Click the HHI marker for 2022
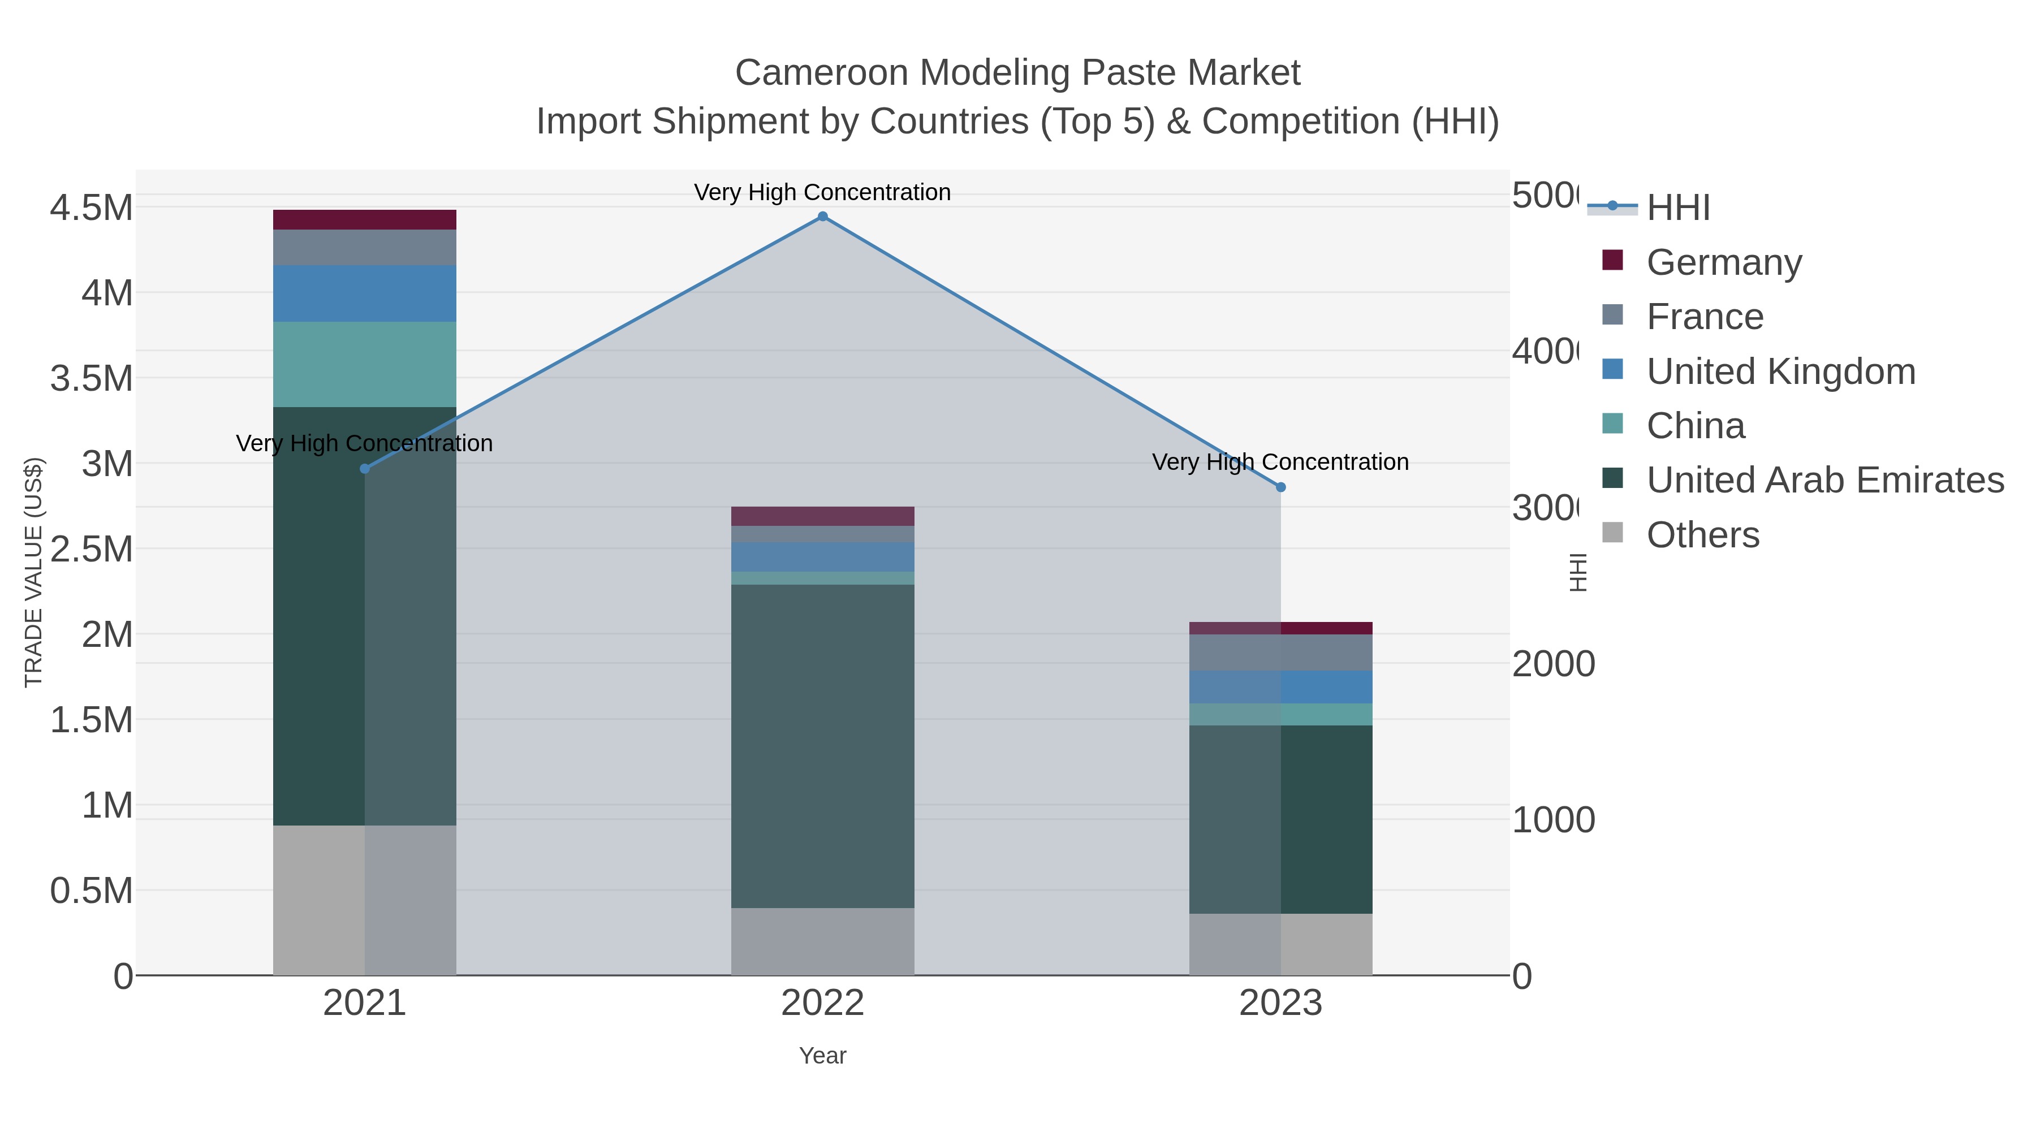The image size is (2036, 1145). [x=822, y=217]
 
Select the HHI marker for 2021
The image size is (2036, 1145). [x=364, y=469]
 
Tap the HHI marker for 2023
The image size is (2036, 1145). [x=1280, y=487]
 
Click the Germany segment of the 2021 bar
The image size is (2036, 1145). [x=364, y=220]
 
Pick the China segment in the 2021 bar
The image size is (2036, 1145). [x=364, y=364]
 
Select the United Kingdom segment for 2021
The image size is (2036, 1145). [x=364, y=293]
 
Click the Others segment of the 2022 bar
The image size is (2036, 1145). [x=822, y=941]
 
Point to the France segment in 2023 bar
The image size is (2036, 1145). [x=1280, y=653]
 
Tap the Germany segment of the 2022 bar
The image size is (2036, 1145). [x=822, y=516]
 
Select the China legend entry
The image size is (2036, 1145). [x=1696, y=426]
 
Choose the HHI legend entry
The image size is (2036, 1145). [x=1678, y=208]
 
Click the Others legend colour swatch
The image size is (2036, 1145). [x=1612, y=533]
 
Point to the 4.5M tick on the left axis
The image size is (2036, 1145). [x=92, y=208]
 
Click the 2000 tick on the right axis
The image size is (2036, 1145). [x=1553, y=664]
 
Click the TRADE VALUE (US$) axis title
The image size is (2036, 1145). [x=33, y=572]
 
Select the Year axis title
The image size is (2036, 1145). [x=822, y=1056]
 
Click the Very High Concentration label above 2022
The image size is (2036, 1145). [x=822, y=192]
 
